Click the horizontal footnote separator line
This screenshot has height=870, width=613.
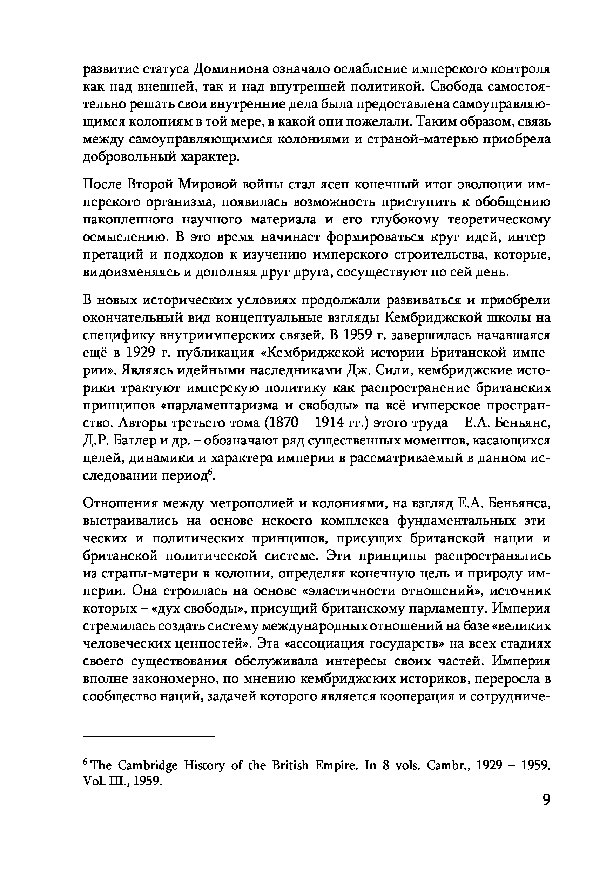(148, 736)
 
